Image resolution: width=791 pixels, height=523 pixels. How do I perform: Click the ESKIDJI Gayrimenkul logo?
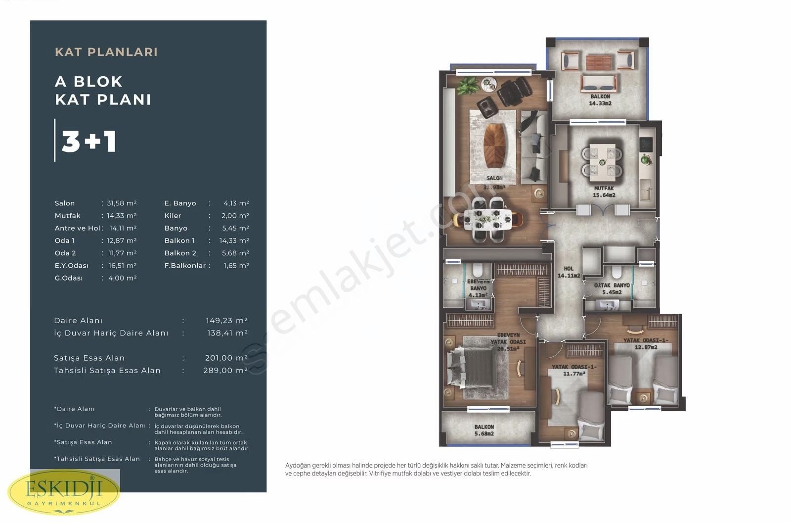click(64, 492)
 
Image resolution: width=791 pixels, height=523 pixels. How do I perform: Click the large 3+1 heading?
click(89, 141)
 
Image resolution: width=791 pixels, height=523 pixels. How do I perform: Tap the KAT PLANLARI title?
click(106, 52)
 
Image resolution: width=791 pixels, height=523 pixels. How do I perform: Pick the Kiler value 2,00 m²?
click(236, 216)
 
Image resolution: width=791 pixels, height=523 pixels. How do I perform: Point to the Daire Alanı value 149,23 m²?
click(226, 321)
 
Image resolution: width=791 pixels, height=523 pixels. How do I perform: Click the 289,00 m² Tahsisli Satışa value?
click(225, 371)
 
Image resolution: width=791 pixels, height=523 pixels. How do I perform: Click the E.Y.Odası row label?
click(71, 266)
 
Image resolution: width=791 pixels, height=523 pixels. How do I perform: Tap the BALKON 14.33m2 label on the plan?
click(600, 100)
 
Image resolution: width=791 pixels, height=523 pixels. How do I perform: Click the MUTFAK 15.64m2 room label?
click(604, 192)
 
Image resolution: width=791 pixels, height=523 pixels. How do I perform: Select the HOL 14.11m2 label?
click(569, 272)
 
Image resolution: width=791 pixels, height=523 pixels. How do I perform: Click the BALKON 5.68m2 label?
click(484, 430)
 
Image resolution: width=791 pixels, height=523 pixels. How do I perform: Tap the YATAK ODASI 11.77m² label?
click(573, 370)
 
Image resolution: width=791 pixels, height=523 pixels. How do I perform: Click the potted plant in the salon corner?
click(468, 86)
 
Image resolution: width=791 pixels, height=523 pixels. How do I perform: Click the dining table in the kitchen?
click(602, 161)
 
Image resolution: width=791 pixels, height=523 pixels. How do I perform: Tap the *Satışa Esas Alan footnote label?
click(83, 442)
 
